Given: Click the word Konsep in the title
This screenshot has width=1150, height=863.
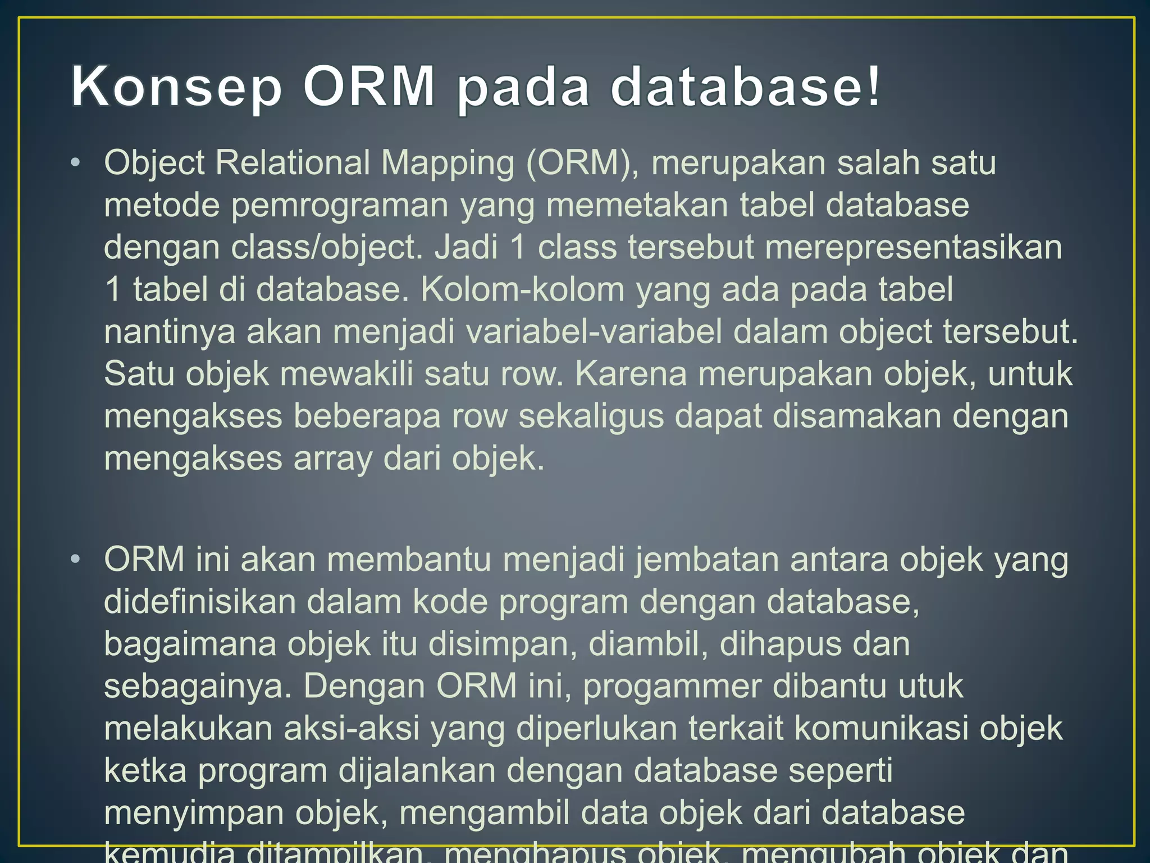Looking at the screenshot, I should click(x=176, y=87).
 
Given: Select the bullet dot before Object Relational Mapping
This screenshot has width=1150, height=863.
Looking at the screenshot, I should click(x=76, y=163).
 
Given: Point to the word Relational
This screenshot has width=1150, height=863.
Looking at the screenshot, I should click(x=292, y=163).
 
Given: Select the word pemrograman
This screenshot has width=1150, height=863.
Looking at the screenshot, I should click(x=340, y=206).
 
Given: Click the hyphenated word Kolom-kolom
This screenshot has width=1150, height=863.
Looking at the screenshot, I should click(x=522, y=289).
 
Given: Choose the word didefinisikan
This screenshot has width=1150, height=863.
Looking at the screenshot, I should click(x=199, y=602).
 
